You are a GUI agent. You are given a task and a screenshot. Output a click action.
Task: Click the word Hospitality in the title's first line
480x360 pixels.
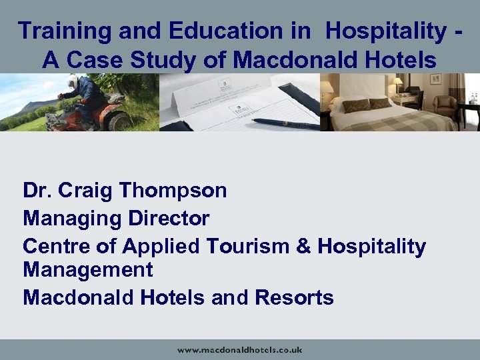[387, 31]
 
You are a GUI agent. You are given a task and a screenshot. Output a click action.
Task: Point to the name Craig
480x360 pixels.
[86, 191]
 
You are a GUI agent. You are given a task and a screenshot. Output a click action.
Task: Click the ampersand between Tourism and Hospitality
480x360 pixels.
[303, 246]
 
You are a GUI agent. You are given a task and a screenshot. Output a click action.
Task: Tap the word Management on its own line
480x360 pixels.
[88, 270]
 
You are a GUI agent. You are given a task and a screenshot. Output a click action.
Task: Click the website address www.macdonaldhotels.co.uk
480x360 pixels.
[239, 349]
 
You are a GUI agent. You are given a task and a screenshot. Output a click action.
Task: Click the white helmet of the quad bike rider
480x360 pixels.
[73, 81]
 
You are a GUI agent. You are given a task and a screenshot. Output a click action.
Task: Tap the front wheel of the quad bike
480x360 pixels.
[120, 121]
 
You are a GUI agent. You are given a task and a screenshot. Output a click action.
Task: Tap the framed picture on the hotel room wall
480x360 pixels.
[437, 79]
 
